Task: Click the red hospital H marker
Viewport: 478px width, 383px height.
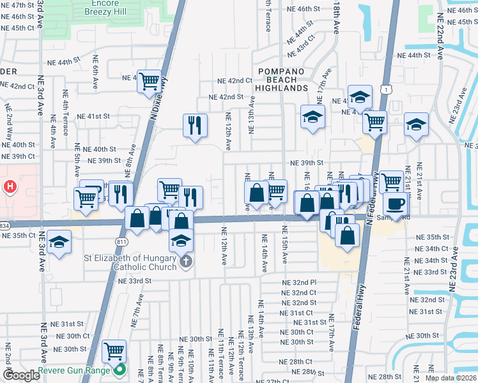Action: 10,187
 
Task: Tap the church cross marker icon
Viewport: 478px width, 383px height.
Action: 185,261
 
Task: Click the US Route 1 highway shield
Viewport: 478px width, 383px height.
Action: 385,91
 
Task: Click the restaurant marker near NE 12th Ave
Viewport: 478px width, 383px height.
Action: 195,125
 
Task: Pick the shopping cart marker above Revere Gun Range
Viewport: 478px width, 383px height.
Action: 114,350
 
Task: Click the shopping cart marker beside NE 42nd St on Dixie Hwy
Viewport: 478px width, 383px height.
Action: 148,81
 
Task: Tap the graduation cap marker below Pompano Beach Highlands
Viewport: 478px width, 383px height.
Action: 312,117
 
